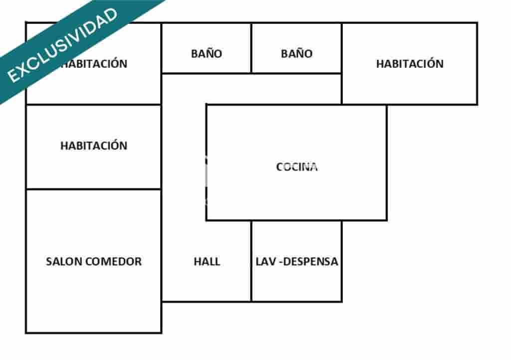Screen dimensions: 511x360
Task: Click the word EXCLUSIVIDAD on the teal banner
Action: click(62, 45)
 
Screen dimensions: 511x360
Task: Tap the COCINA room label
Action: click(296, 167)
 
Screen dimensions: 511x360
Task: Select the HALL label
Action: click(207, 261)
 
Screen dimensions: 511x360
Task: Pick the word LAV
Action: click(265, 261)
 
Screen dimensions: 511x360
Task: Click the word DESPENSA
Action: click(311, 261)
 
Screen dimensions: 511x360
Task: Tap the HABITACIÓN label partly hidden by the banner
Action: click(94, 64)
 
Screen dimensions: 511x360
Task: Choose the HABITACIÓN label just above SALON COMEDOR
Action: click(94, 146)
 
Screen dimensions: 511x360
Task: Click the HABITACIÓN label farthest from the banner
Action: click(410, 64)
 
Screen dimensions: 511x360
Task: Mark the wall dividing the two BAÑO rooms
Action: click(252, 48)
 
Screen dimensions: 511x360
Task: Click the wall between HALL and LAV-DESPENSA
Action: click(252, 261)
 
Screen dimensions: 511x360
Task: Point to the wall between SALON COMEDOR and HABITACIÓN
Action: click(94, 189)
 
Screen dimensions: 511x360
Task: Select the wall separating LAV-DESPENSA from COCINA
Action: click(296, 220)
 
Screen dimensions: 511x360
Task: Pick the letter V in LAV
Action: click(272, 261)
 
